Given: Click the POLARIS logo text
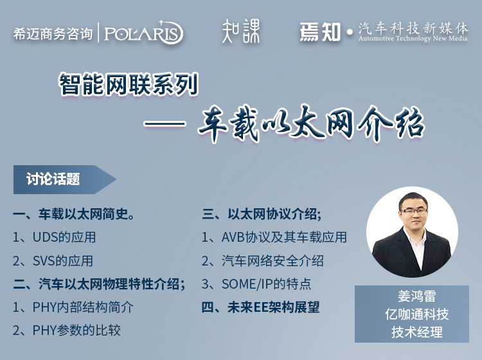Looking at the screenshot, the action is click(x=143, y=33).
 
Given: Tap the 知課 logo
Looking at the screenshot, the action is click(x=241, y=31).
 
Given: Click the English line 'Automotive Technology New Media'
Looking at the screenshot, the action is click(x=413, y=39).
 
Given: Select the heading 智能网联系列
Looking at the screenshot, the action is click(x=129, y=84).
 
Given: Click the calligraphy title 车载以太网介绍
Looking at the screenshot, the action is click(x=311, y=123).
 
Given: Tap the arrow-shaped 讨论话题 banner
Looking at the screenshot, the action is click(x=64, y=179).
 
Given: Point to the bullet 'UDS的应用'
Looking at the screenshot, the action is click(x=54, y=237).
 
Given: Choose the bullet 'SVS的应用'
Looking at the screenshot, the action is click(x=53, y=261).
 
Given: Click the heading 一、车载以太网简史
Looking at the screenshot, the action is click(x=73, y=214).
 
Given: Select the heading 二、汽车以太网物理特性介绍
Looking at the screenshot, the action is click(x=99, y=284).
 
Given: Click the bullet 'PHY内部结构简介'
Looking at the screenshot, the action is click(x=73, y=307).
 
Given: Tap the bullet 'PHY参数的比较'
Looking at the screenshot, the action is click(x=66, y=330).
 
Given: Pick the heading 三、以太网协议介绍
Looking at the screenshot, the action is click(x=262, y=214).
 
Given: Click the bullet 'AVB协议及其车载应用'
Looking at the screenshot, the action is click(x=274, y=237).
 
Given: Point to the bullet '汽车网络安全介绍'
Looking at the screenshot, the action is click(x=262, y=261).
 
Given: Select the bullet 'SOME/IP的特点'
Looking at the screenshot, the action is click(x=256, y=284).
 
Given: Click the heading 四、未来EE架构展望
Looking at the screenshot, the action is click(x=261, y=307).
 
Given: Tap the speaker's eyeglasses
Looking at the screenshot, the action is click(x=413, y=212).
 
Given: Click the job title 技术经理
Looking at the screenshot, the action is click(x=417, y=332).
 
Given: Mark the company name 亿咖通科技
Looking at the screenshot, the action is click(x=417, y=314).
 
